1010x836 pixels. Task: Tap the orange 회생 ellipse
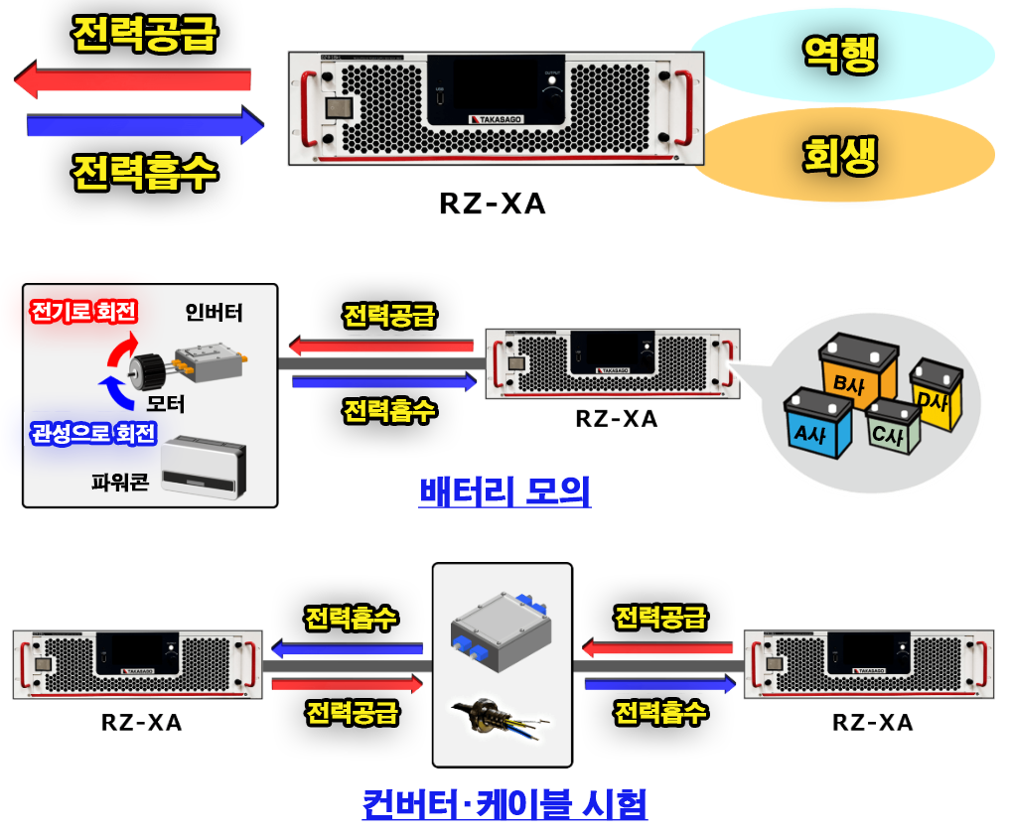845,155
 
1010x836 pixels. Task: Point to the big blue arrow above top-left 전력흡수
146,124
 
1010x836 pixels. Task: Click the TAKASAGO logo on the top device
496,119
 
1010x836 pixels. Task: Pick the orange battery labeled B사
858,369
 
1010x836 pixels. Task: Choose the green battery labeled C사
893,426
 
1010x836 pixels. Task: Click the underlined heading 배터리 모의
505,491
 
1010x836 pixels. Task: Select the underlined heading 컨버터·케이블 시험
505,804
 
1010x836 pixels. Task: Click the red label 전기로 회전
83,311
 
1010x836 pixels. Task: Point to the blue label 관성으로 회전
93,433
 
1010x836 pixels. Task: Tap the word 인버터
214,313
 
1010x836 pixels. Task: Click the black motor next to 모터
148,371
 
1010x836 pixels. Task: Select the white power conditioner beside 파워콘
204,467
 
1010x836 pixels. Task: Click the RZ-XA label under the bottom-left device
142,722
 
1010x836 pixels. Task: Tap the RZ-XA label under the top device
493,204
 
